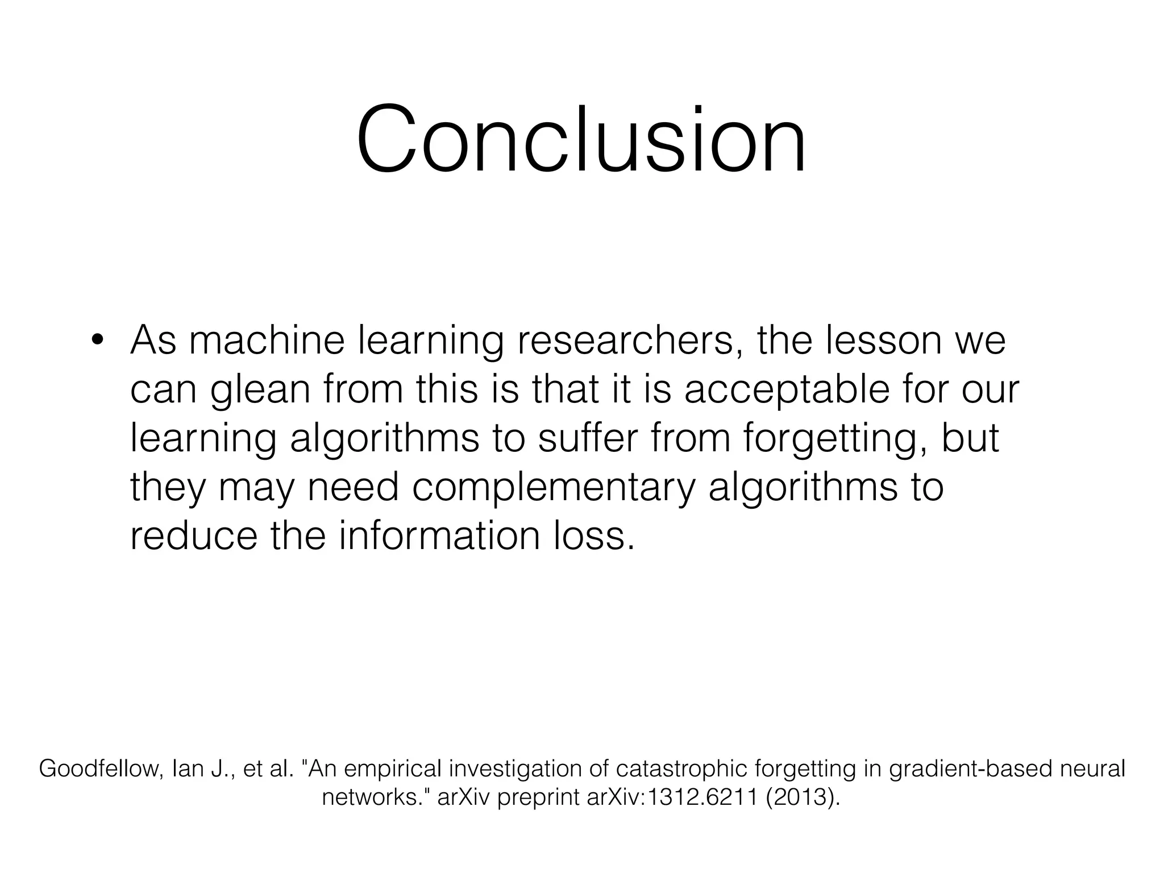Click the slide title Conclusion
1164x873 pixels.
(x=581, y=139)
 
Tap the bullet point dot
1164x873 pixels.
(x=97, y=341)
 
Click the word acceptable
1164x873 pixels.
(x=786, y=390)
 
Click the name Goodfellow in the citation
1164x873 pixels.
(x=101, y=769)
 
